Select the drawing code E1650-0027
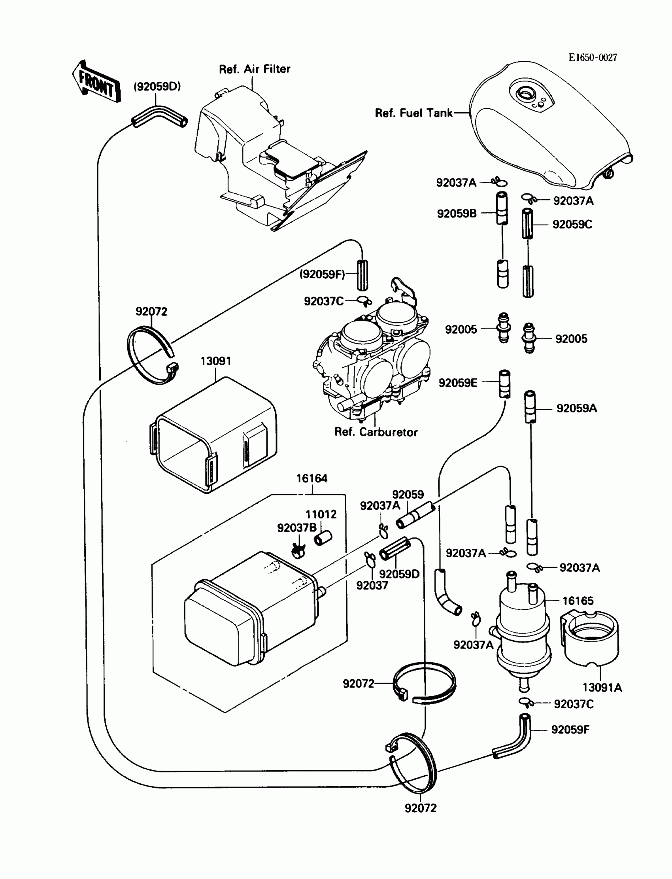pyautogui.click(x=593, y=58)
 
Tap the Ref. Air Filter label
pyautogui.click(x=255, y=69)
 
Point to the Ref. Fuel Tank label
pyautogui.click(x=413, y=113)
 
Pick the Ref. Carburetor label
pyautogui.click(x=376, y=432)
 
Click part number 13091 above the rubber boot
pyautogui.click(x=215, y=361)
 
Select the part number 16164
pyautogui.click(x=311, y=478)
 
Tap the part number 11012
pyautogui.click(x=321, y=514)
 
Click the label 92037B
pyautogui.click(x=297, y=528)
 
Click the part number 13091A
pyautogui.click(x=602, y=688)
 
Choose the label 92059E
pyautogui.click(x=458, y=383)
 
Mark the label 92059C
pyautogui.click(x=572, y=225)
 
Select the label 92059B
pyautogui.click(x=457, y=214)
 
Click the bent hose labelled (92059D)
pyautogui.click(x=159, y=116)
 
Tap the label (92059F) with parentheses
pyautogui.click(x=322, y=274)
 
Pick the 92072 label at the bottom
pyautogui.click(x=421, y=808)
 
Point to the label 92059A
pyautogui.click(x=576, y=408)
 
